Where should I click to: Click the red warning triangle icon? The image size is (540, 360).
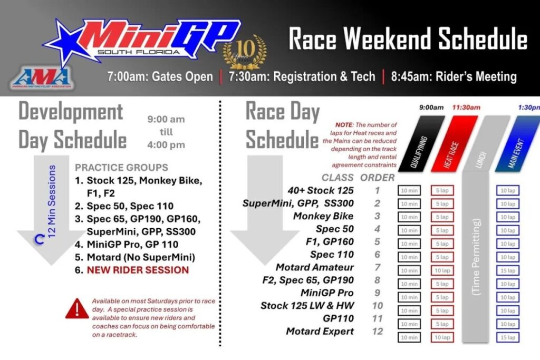(77, 308)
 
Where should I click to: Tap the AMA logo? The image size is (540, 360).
(42, 77)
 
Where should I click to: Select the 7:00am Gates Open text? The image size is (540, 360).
(160, 76)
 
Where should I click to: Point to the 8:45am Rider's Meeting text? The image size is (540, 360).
(454, 76)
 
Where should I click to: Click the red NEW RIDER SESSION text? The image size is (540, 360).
(138, 270)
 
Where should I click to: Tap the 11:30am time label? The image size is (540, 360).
(466, 108)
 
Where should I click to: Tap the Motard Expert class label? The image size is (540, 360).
(320, 331)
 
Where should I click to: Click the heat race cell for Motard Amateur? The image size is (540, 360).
(442, 270)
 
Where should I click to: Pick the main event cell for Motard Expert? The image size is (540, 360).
(508, 337)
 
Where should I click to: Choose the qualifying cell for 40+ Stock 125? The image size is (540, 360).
(409, 190)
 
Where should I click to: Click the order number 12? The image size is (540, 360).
(377, 331)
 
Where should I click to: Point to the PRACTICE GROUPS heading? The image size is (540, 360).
(121, 168)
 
